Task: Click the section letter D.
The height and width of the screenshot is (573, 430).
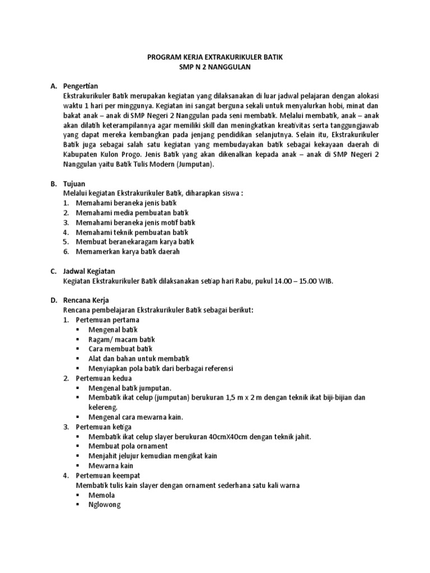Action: click(x=53, y=300)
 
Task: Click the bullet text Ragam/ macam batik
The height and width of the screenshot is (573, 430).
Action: click(x=121, y=339)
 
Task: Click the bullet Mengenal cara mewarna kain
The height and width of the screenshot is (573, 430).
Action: click(x=136, y=417)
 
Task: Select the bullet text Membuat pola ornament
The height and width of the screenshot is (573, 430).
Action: click(x=128, y=446)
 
